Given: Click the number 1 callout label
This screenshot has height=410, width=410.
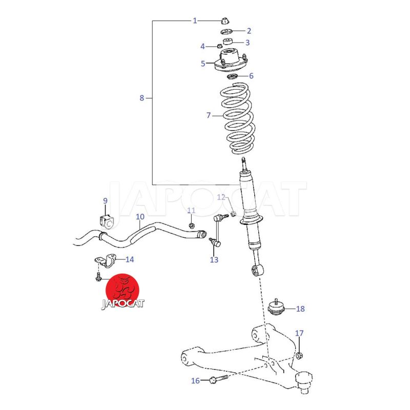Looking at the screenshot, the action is coord(195,20).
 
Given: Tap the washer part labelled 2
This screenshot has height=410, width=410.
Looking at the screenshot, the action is coord(227,32).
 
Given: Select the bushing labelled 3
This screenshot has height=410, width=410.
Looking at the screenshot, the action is coord(228,42).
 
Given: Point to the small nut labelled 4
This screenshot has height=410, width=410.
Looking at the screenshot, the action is coord(220,47).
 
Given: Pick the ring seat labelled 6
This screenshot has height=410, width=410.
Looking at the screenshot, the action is coord(232,77).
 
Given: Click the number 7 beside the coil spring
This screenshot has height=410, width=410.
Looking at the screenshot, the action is coord(209,115).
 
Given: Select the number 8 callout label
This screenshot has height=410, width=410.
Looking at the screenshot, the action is coord(142,98).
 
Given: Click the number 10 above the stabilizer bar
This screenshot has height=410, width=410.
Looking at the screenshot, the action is coord(140,217).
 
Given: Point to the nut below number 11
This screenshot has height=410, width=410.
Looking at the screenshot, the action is coord(191,225).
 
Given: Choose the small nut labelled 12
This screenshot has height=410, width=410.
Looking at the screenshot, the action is coord(234,214).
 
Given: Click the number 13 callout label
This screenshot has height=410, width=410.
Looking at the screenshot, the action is coord(214,260).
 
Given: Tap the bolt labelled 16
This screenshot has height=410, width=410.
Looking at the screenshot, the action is coord(218,379).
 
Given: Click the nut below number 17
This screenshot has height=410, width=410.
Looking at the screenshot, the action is coord(299,356).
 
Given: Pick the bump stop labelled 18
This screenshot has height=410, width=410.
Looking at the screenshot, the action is coord(276,307).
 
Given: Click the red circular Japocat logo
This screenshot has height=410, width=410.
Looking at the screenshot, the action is coord(122,292).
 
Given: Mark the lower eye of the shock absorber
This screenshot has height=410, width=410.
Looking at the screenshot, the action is coord(257,271).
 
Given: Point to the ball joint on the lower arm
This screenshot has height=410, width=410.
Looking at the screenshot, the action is coord(304,381).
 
